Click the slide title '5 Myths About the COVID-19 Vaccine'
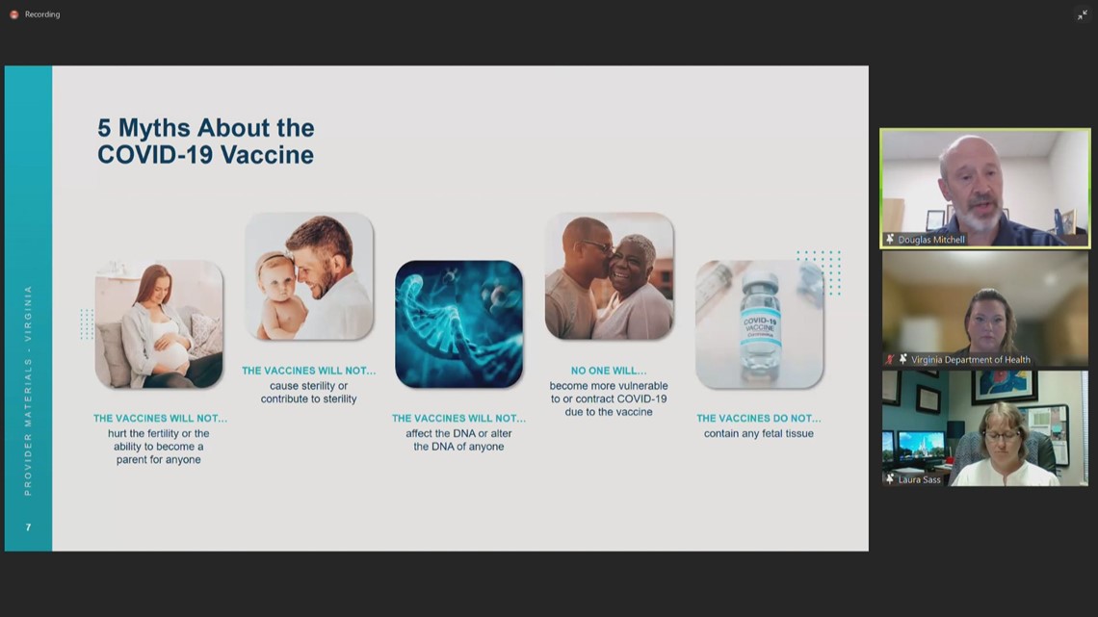(x=206, y=141)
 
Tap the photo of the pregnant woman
(x=159, y=324)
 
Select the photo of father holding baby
(x=309, y=277)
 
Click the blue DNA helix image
(x=458, y=324)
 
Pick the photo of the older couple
(x=610, y=277)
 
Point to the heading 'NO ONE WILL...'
(x=609, y=371)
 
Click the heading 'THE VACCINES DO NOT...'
(x=758, y=419)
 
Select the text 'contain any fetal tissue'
(x=758, y=434)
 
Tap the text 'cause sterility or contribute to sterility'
(x=309, y=393)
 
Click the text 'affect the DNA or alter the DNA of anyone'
(x=458, y=440)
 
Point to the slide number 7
(x=28, y=527)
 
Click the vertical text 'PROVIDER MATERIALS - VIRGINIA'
(x=28, y=391)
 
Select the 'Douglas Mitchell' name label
(x=931, y=240)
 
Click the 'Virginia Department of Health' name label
(x=971, y=360)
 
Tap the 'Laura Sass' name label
(x=920, y=480)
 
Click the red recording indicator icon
(x=14, y=14)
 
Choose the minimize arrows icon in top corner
(x=1082, y=14)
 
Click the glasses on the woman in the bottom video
(x=1002, y=436)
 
